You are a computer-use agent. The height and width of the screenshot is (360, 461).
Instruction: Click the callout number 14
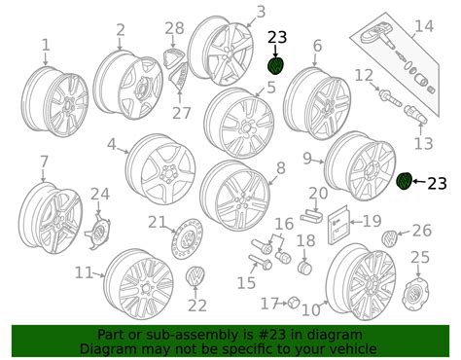point(423,26)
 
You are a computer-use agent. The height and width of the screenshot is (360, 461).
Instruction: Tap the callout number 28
point(174,28)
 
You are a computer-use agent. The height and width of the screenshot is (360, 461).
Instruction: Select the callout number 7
point(44,161)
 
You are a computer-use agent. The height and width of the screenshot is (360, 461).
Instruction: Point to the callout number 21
point(158,222)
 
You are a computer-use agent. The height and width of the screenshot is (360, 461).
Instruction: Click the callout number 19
point(372,221)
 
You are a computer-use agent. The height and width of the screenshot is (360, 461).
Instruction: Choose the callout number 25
point(419,257)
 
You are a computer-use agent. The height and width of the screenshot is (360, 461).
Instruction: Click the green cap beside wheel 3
point(277,65)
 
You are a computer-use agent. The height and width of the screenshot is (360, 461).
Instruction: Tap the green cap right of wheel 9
point(406,181)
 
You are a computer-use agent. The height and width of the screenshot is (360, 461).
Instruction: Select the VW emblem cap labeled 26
point(389,237)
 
